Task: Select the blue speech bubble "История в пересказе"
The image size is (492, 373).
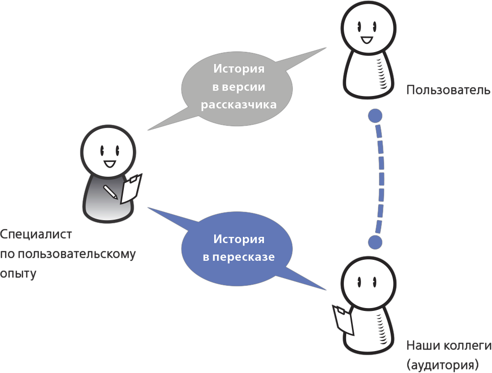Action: point(238,248)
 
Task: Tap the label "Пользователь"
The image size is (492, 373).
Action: point(448,90)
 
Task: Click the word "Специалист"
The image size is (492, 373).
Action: point(36,235)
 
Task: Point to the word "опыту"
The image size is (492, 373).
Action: point(18,274)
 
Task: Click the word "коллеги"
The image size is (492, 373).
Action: point(468,346)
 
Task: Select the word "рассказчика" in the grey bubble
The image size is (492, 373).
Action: point(239,105)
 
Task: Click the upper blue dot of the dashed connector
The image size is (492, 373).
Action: point(375,116)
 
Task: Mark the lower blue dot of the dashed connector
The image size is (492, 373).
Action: point(375,242)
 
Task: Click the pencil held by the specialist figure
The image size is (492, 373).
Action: point(110,192)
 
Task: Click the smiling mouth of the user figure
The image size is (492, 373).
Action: point(367,40)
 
